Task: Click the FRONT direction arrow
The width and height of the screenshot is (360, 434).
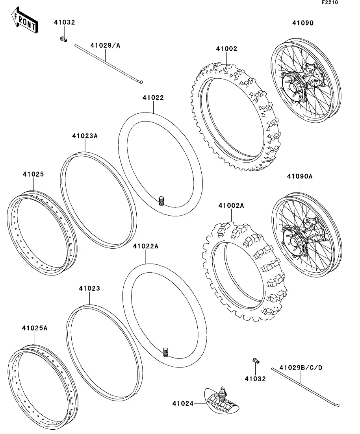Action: coord(24,20)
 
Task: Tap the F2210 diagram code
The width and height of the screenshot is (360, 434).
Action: coord(330,2)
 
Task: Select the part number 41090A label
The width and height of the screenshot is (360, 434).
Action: coord(300,176)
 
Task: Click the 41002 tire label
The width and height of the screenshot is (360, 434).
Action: coord(227,49)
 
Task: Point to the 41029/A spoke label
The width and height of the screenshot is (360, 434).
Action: coord(106,45)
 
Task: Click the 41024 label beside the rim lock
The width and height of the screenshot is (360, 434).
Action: coord(183,404)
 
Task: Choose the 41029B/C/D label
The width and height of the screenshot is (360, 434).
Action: coord(301,368)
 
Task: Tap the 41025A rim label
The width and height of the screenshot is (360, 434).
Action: coord(35,328)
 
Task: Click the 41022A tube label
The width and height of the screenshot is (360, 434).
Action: coord(145,246)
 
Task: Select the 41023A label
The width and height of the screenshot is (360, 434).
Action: coord(85,136)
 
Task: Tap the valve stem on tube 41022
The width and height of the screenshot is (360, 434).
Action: coord(161,201)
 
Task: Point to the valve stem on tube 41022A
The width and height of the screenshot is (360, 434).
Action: coord(166,352)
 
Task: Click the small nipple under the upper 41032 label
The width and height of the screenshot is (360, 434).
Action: coord(63,39)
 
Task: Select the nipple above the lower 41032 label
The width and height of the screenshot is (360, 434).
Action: coord(256,360)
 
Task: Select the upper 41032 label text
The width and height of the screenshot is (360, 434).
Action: coord(64,22)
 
